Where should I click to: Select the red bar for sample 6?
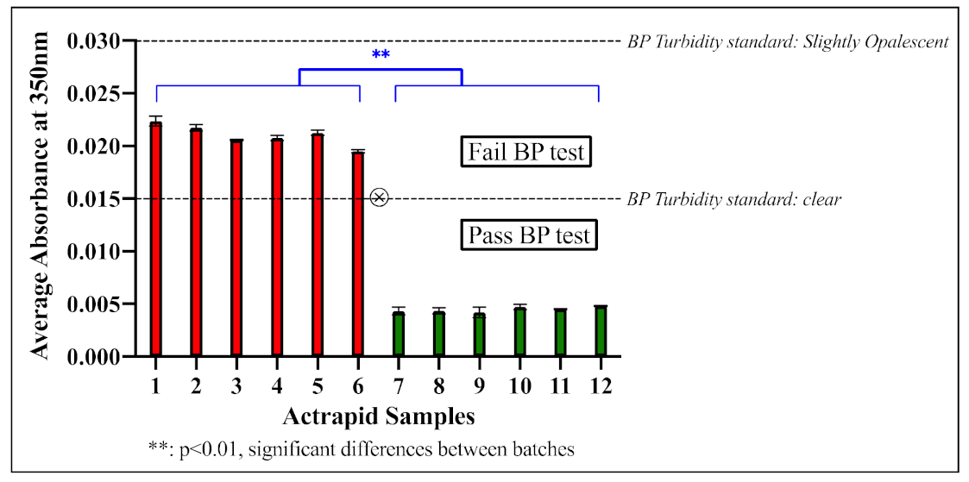click(x=358, y=254)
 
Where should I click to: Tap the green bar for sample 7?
click(x=399, y=334)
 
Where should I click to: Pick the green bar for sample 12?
click(x=600, y=331)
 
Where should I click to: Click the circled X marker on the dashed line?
click(x=379, y=198)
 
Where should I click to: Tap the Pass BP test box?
click(x=529, y=235)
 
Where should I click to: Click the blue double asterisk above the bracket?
click(x=381, y=55)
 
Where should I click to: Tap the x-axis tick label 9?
click(x=479, y=386)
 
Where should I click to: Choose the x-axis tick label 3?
click(x=236, y=386)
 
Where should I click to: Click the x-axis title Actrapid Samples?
click(x=379, y=417)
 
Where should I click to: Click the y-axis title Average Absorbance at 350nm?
click(x=38, y=198)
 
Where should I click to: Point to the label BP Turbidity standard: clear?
click(x=733, y=199)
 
